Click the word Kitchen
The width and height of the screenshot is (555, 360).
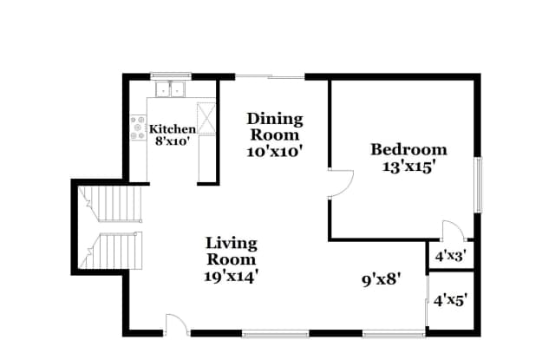[x=173, y=128]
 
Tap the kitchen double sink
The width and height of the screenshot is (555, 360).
[x=172, y=88]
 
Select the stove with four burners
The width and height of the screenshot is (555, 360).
[x=137, y=128]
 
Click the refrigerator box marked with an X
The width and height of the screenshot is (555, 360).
[x=206, y=118]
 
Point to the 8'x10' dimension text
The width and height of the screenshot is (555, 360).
[x=173, y=141]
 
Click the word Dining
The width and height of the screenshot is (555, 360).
[x=275, y=119]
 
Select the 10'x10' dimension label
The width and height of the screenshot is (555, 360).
[x=275, y=150]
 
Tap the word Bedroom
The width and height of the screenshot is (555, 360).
[x=408, y=149]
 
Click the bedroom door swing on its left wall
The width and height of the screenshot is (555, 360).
[x=341, y=184]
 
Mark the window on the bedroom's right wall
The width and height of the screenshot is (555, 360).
[x=476, y=185]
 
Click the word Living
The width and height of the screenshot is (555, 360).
[x=231, y=244]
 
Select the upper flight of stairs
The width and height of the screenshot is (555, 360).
[x=113, y=206]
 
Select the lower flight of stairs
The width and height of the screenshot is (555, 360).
[x=113, y=252]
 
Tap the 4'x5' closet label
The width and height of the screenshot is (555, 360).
[x=449, y=301]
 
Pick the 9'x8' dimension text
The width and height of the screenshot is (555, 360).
[x=380, y=280]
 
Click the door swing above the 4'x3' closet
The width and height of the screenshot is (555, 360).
[x=453, y=231]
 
